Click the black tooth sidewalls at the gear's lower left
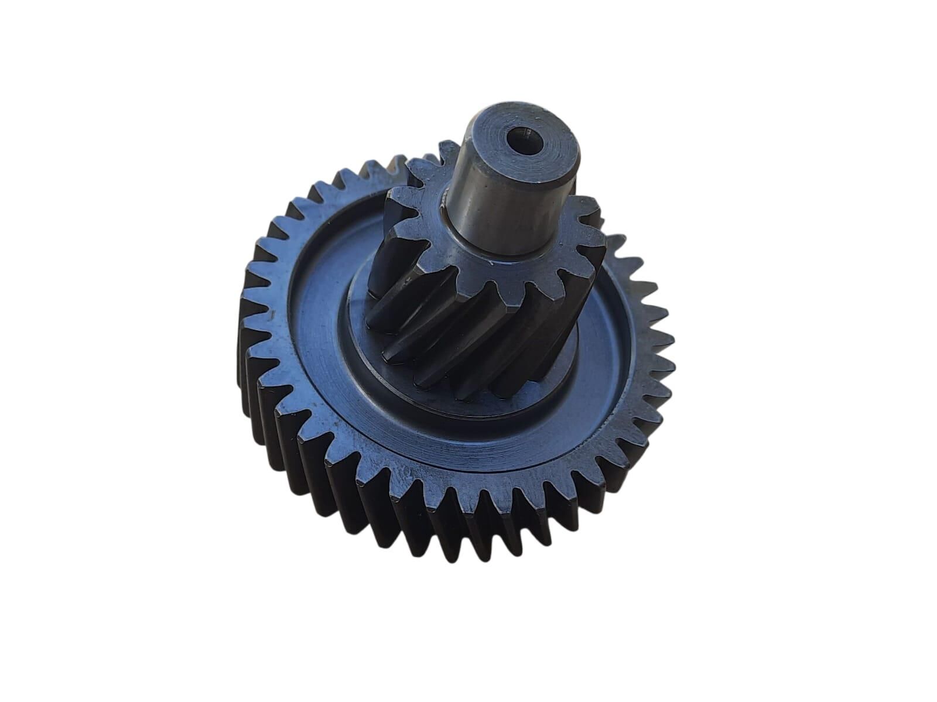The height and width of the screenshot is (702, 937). [x=328, y=468]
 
